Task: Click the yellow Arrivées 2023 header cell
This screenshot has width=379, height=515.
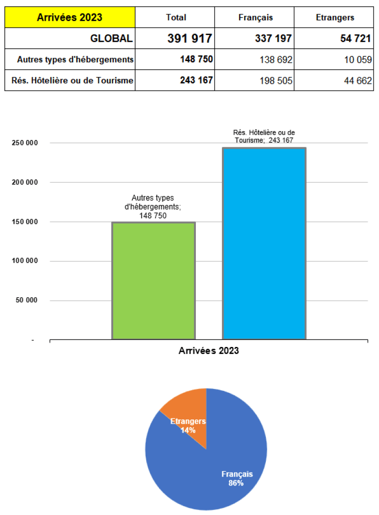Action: (70, 18)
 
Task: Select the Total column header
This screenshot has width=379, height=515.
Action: (176, 18)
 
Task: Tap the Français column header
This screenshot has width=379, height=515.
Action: (255, 18)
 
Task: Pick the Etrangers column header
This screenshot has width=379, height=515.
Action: (335, 18)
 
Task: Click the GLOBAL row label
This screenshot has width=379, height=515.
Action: (111, 38)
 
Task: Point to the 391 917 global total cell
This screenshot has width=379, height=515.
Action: (190, 38)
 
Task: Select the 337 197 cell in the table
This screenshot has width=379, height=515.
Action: (273, 38)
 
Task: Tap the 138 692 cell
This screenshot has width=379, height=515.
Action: (276, 60)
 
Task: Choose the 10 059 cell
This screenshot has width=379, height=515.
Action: (358, 60)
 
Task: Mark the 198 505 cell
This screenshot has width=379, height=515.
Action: (276, 81)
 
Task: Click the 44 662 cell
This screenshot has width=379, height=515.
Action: (358, 81)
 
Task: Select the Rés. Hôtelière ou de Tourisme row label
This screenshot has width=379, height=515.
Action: (72, 81)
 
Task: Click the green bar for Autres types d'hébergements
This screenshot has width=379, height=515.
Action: (154, 281)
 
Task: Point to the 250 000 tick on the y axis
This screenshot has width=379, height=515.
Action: (25, 143)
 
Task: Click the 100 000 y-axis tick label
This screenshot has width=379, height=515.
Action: (25, 261)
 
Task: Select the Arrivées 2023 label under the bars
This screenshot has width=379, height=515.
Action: (209, 351)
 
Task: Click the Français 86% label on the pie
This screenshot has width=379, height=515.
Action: (237, 479)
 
